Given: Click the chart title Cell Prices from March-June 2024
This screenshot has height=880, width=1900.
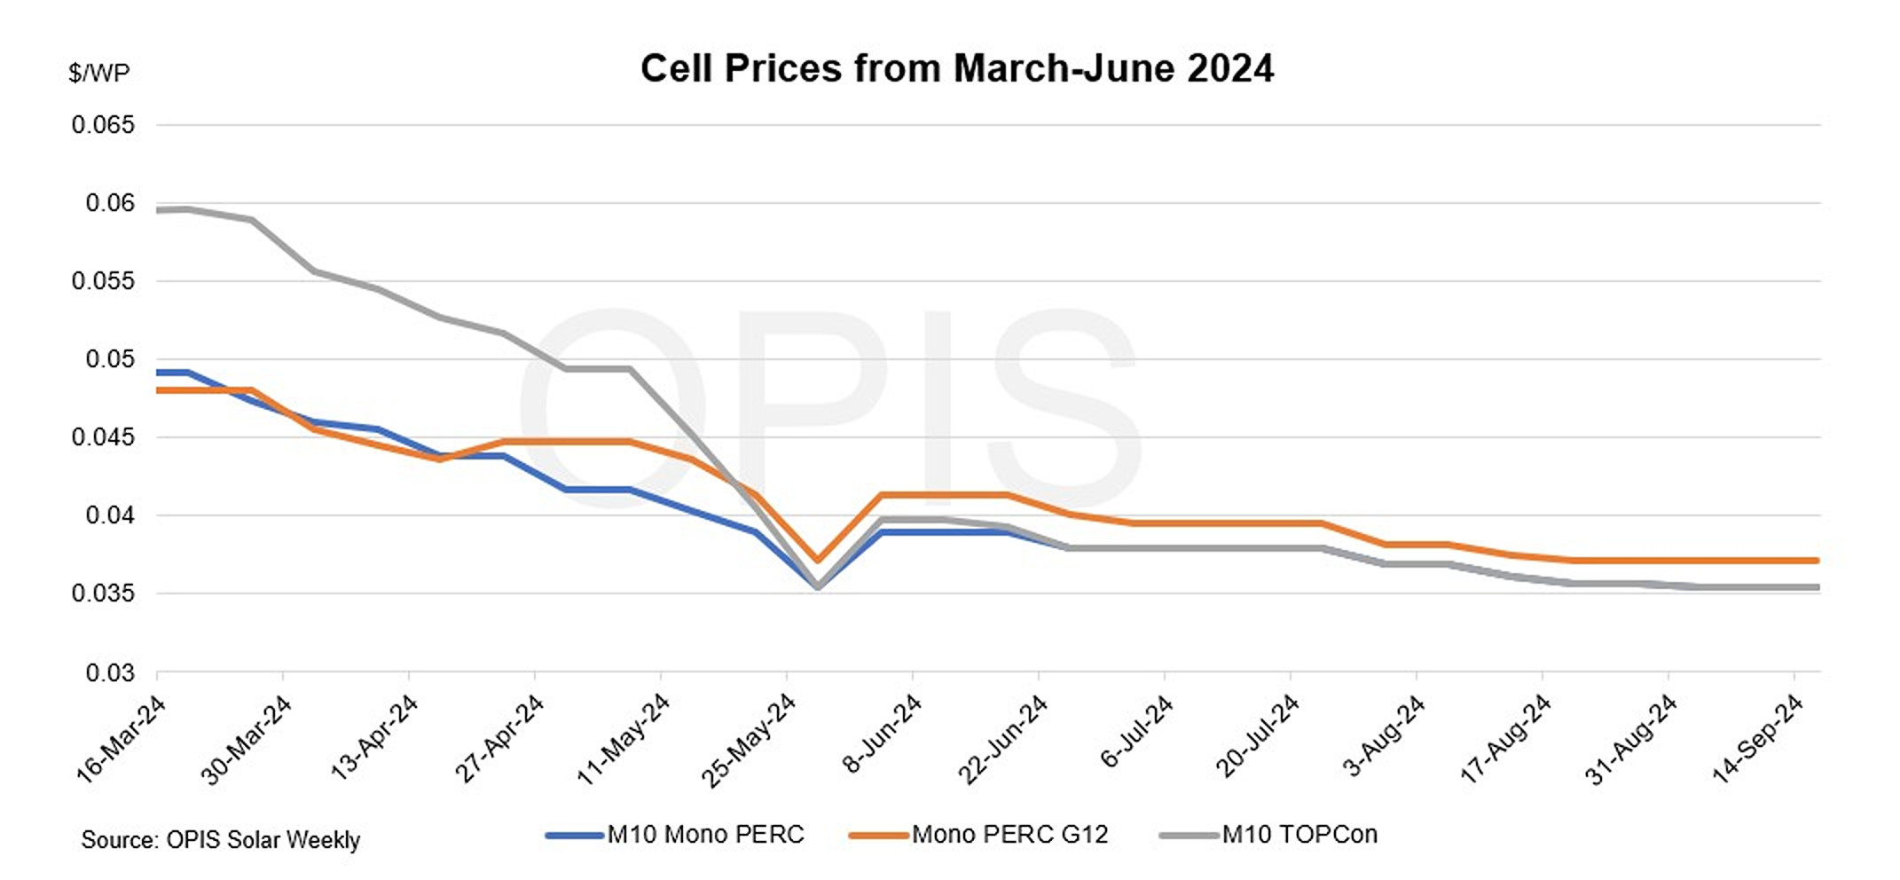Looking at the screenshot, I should click(956, 68).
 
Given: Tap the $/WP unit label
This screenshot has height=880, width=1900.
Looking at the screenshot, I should click(98, 73).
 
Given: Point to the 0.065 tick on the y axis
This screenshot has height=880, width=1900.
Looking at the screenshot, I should click(103, 125).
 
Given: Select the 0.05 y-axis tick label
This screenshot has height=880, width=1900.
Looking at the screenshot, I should click(110, 359).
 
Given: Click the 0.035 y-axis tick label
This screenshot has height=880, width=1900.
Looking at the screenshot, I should click(103, 593).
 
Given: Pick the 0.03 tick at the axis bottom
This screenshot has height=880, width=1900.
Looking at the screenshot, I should click(110, 673).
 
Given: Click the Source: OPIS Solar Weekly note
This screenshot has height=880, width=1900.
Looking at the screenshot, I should click(220, 840).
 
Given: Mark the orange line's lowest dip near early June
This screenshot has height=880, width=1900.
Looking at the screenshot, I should click(818, 561).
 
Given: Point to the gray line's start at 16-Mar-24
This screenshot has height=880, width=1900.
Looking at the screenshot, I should click(159, 210).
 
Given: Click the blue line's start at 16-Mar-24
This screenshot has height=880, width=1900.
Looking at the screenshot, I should click(159, 373).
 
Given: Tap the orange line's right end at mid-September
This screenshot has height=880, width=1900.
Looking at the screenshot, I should click(1817, 561).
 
